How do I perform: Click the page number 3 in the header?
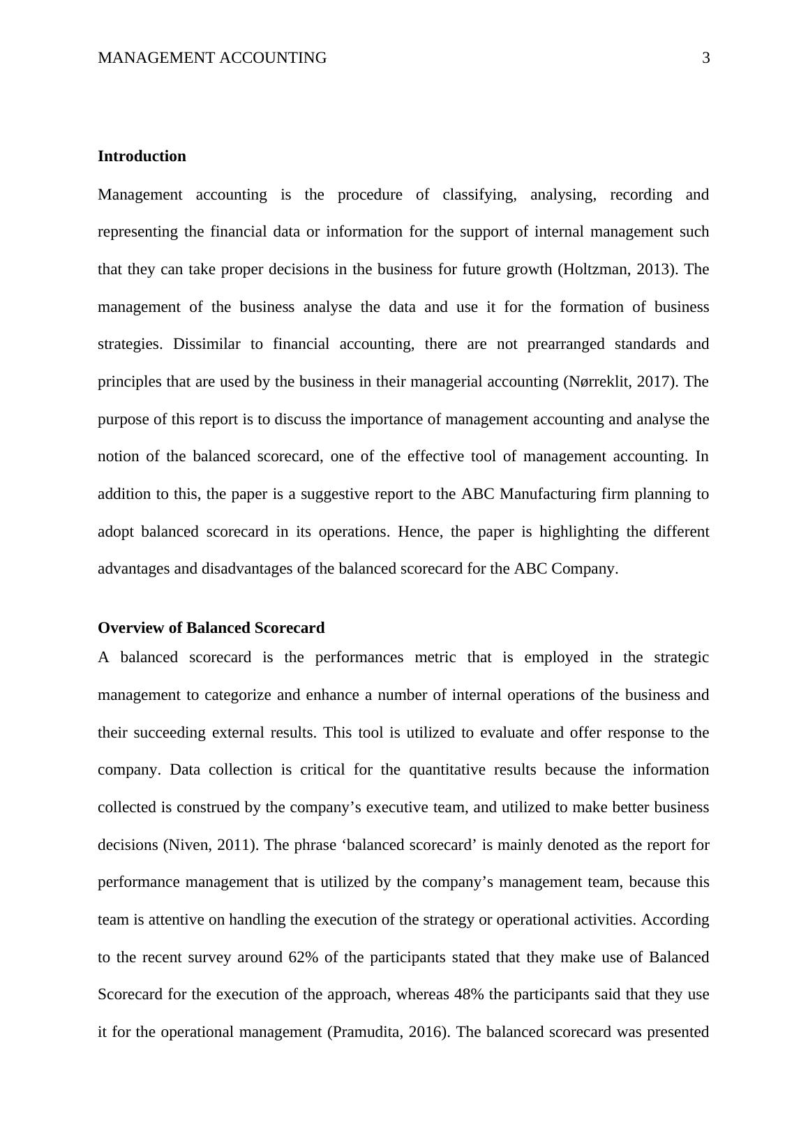[705, 58]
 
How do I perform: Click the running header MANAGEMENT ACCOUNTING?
[212, 58]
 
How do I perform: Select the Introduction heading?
[142, 156]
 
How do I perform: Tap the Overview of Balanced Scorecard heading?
[211, 628]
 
